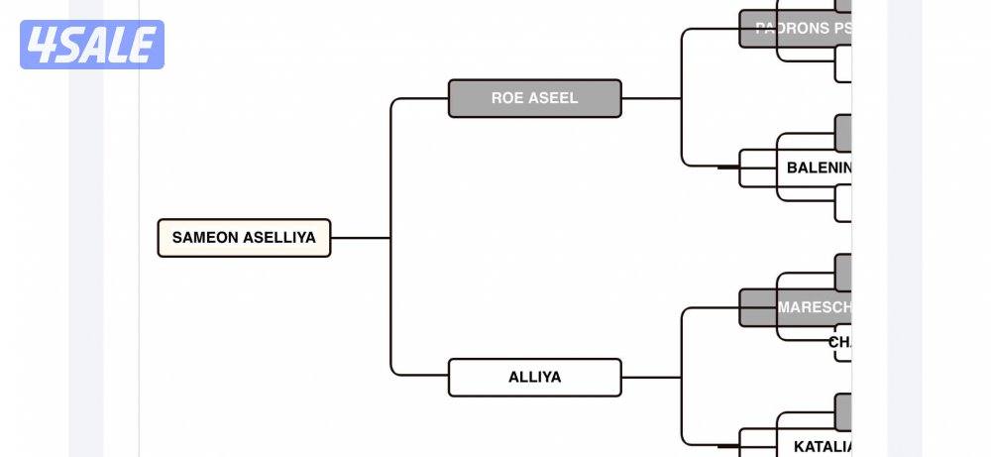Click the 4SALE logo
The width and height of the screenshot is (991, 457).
(92, 45)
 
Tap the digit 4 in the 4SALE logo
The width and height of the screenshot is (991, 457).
(44, 45)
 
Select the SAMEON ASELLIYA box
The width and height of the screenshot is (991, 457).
(244, 238)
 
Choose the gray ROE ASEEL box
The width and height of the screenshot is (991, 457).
(534, 98)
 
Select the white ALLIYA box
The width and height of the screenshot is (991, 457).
(534, 377)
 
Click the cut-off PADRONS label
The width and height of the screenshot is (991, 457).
(801, 29)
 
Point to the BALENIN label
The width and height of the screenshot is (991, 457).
(818, 168)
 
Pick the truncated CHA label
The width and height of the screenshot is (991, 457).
(839, 342)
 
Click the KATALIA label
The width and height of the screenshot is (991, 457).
(822, 446)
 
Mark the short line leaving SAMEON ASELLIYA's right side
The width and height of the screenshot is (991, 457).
(360, 238)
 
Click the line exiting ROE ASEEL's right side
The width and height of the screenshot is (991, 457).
(651, 98)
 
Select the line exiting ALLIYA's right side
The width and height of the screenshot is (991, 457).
(651, 377)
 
